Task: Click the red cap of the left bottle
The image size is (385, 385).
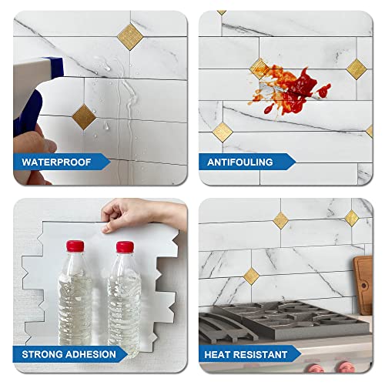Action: (75, 246)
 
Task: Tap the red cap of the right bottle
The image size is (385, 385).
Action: (125, 247)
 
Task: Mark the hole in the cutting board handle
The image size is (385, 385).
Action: (364, 264)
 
